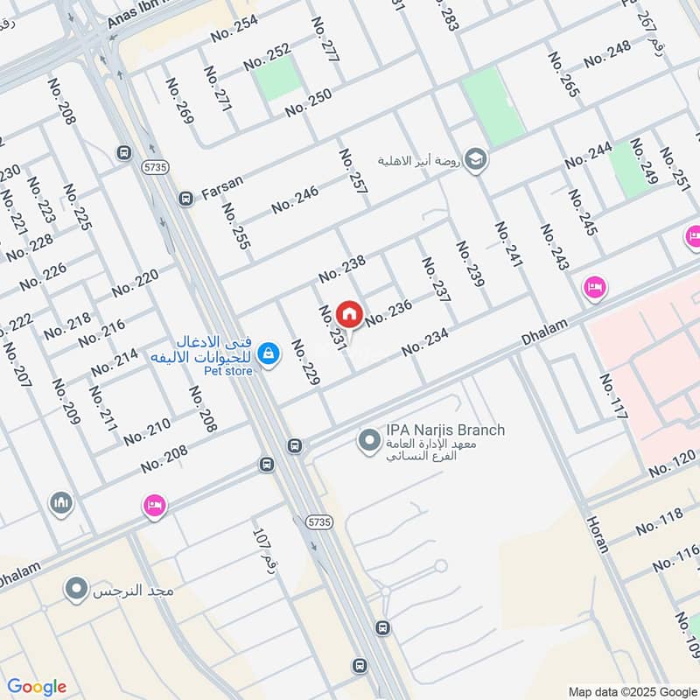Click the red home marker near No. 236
coord(349,312)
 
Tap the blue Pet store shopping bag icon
coord(269,353)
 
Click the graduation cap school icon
coord(476,159)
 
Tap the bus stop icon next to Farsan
coord(185,199)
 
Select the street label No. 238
coord(341,269)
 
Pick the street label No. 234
coord(425,342)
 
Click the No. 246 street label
coord(295,200)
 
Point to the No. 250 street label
coord(308,102)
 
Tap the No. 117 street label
coord(613,396)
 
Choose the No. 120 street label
coord(674,465)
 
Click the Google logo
coord(37,686)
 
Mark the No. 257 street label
coord(353,171)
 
